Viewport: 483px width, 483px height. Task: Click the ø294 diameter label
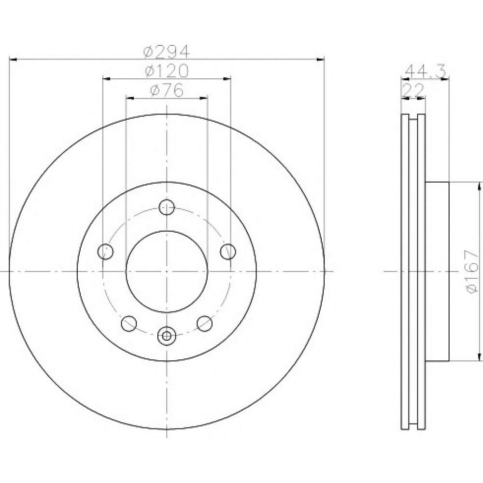(x=166, y=52)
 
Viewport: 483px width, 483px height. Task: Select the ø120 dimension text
(x=166, y=71)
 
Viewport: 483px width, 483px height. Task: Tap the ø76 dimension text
(x=167, y=90)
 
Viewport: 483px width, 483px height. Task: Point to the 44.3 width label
(x=426, y=72)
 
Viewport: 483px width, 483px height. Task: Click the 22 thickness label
(x=414, y=91)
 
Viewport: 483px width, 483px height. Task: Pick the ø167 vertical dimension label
(x=472, y=271)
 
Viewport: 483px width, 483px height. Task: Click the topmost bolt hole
(x=167, y=207)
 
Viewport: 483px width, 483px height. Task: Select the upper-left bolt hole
(x=105, y=252)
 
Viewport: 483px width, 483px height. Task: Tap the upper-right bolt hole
(x=228, y=252)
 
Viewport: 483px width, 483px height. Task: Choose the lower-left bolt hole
(x=129, y=324)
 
